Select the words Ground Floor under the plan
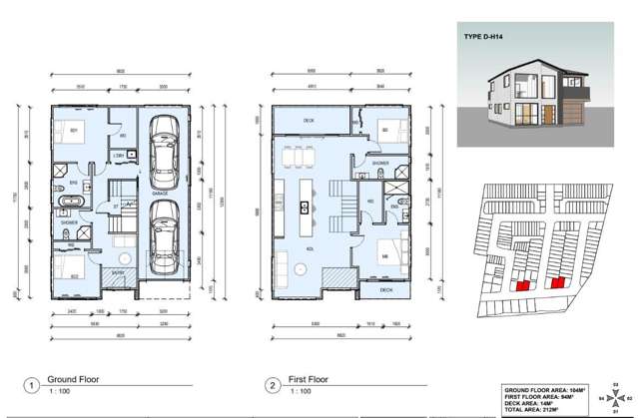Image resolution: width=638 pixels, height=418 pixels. click(x=74, y=380)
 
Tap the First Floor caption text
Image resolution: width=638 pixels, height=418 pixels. click(x=309, y=380)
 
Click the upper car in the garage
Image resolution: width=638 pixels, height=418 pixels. click(x=160, y=146)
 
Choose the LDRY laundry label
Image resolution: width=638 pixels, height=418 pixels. click(x=118, y=156)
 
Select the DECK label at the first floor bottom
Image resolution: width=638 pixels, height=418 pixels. click(x=386, y=290)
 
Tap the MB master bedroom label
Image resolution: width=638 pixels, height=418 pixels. click(x=384, y=257)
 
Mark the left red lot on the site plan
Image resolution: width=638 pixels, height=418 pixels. click(x=519, y=284)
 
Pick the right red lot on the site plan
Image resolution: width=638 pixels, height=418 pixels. click(x=557, y=282)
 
